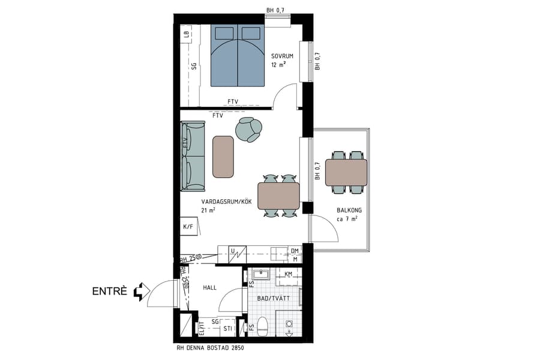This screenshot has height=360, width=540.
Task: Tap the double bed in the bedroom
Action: [238, 56]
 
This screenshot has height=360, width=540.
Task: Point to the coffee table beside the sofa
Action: [223, 157]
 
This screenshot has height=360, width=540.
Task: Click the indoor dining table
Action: [278, 196]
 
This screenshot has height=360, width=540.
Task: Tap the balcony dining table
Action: [346, 172]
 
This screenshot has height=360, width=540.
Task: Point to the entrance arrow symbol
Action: [139, 292]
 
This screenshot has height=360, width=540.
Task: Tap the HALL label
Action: [210, 288]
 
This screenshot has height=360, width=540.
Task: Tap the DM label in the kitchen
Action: [295, 251]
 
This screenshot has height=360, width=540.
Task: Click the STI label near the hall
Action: [227, 329]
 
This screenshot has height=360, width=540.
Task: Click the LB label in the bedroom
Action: [187, 35]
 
